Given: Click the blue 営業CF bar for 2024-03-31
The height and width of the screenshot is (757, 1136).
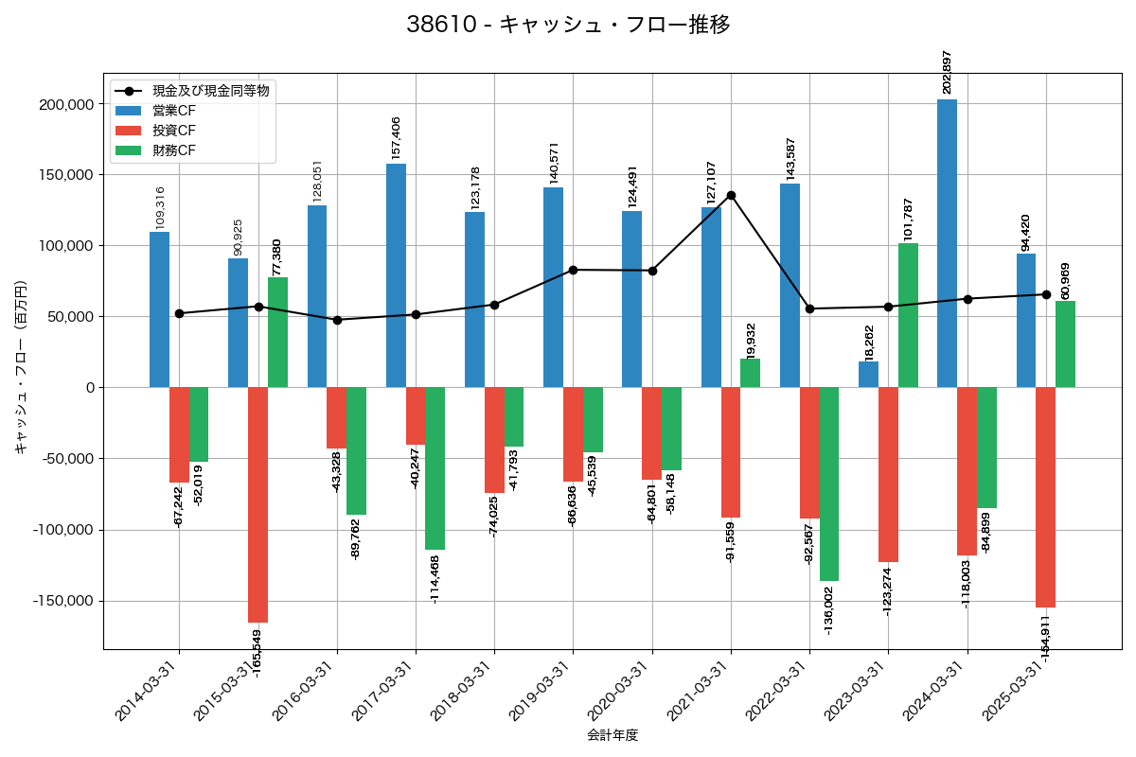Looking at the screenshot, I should pyautogui.click(x=947, y=243).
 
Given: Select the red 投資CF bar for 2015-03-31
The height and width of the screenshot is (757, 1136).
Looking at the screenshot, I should pyautogui.click(x=257, y=504).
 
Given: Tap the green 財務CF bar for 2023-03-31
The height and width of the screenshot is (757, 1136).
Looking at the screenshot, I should pyautogui.click(x=908, y=315).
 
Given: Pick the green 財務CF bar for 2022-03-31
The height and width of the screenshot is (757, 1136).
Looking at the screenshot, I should pyautogui.click(x=829, y=484).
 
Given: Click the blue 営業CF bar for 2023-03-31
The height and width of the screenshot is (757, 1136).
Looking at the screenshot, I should pyautogui.click(x=868, y=375).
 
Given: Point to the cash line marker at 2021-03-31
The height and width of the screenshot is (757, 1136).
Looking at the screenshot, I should pyautogui.click(x=731, y=195).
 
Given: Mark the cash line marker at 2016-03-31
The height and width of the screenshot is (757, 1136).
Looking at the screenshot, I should pyautogui.click(x=337, y=320).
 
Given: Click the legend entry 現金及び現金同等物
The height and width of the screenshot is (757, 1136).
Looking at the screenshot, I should pyautogui.click(x=204, y=91).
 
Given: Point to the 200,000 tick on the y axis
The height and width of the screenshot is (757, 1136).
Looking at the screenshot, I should pyautogui.click(x=68, y=104).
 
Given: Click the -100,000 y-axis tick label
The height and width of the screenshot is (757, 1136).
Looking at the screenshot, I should pyautogui.click(x=65, y=530).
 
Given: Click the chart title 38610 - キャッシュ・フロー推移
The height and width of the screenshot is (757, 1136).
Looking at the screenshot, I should pyautogui.click(x=568, y=25).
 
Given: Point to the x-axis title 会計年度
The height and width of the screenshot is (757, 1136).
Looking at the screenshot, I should pyautogui.click(x=612, y=735).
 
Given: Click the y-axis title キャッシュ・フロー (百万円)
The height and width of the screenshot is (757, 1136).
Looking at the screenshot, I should pyautogui.click(x=21, y=366).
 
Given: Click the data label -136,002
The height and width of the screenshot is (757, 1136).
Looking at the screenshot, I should pyautogui.click(x=829, y=609).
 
